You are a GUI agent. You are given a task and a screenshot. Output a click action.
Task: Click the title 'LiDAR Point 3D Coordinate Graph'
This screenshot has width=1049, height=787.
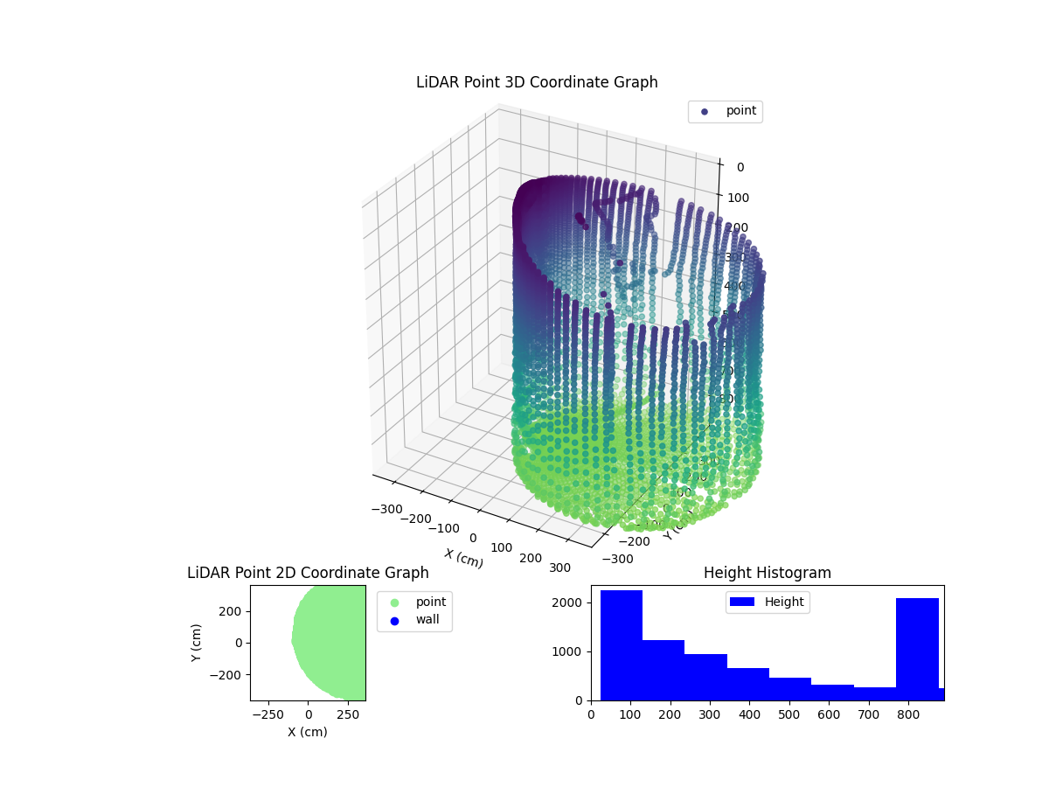point(537,82)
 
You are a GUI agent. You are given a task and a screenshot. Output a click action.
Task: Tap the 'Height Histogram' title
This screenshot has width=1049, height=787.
point(767,573)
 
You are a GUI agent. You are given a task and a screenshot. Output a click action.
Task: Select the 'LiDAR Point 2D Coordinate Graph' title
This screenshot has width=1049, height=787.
point(308,573)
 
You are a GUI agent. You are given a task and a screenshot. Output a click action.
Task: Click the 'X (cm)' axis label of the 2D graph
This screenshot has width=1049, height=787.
point(308,732)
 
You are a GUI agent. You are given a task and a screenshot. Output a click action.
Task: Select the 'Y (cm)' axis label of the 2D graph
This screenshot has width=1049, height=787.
point(197,643)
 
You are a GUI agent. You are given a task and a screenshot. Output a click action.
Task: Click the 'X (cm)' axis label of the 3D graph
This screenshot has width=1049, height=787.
point(463,558)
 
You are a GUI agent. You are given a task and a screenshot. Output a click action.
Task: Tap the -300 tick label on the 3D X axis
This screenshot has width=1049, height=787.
point(386,509)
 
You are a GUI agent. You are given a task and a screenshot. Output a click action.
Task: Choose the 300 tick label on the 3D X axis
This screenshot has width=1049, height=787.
point(559,568)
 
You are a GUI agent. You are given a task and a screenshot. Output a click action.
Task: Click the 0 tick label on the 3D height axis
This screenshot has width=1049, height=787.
point(740,168)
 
